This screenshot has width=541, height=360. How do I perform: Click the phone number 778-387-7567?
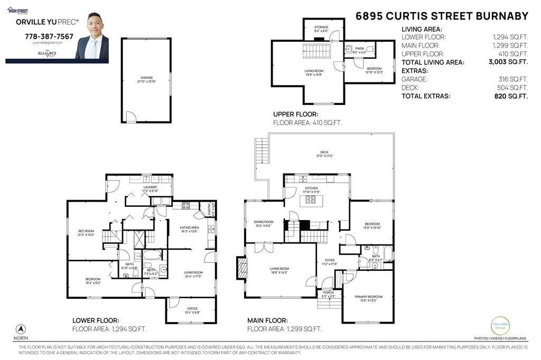point(49,37)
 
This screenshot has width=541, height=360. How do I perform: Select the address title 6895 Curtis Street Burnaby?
point(442,16)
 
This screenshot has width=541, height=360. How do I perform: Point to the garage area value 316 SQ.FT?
point(512,79)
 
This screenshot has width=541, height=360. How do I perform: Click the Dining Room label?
point(264,224)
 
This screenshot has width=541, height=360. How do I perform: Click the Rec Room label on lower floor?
point(86,233)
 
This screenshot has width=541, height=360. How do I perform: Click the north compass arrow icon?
point(21,328)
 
